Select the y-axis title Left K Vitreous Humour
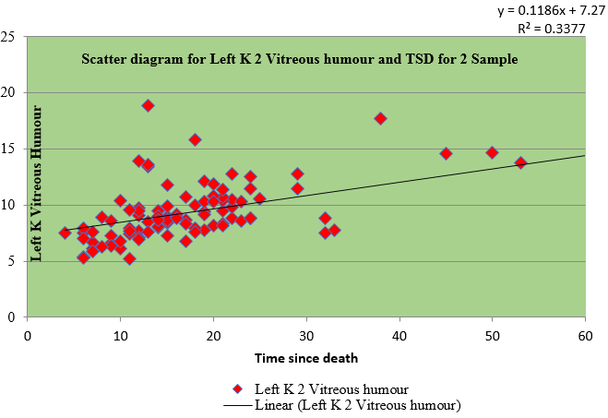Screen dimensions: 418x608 tap(38, 183)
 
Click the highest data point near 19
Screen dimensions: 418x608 tap(148, 106)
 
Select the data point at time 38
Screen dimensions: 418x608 tap(380, 118)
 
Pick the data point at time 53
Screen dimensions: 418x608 tap(520, 162)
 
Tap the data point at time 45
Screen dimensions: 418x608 tap(446, 153)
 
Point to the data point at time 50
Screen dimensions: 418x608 tap(492, 152)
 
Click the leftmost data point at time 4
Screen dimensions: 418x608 tap(65, 233)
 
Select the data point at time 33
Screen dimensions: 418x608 tap(334, 230)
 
